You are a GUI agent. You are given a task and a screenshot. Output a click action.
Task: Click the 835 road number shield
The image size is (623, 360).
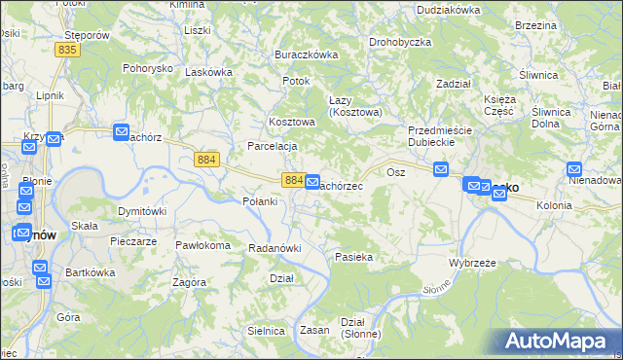[x=67, y=50]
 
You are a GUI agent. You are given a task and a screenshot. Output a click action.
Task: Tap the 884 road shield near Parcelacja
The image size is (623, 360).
[x=205, y=160]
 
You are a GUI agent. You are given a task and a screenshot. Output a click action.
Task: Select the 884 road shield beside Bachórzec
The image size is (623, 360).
[x=295, y=180]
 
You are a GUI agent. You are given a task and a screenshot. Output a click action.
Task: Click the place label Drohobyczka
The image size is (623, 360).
[x=400, y=43]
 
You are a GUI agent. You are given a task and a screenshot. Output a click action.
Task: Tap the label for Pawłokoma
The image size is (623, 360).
[x=202, y=245]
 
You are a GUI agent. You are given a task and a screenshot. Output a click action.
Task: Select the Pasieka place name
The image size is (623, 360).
[x=354, y=257]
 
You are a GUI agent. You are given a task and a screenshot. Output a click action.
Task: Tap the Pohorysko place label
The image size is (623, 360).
[x=147, y=68]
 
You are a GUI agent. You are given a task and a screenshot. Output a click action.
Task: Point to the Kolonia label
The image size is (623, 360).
[x=554, y=205]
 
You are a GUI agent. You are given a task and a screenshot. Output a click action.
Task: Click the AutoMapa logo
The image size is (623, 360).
[x=558, y=341]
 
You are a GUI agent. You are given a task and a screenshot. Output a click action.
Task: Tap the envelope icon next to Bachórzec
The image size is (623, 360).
[x=312, y=182]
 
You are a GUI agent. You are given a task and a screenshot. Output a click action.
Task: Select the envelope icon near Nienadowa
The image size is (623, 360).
[x=575, y=170]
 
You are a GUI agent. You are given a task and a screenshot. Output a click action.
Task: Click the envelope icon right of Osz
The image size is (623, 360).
[x=441, y=170]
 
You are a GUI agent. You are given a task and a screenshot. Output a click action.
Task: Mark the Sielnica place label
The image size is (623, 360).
[x=266, y=331]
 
